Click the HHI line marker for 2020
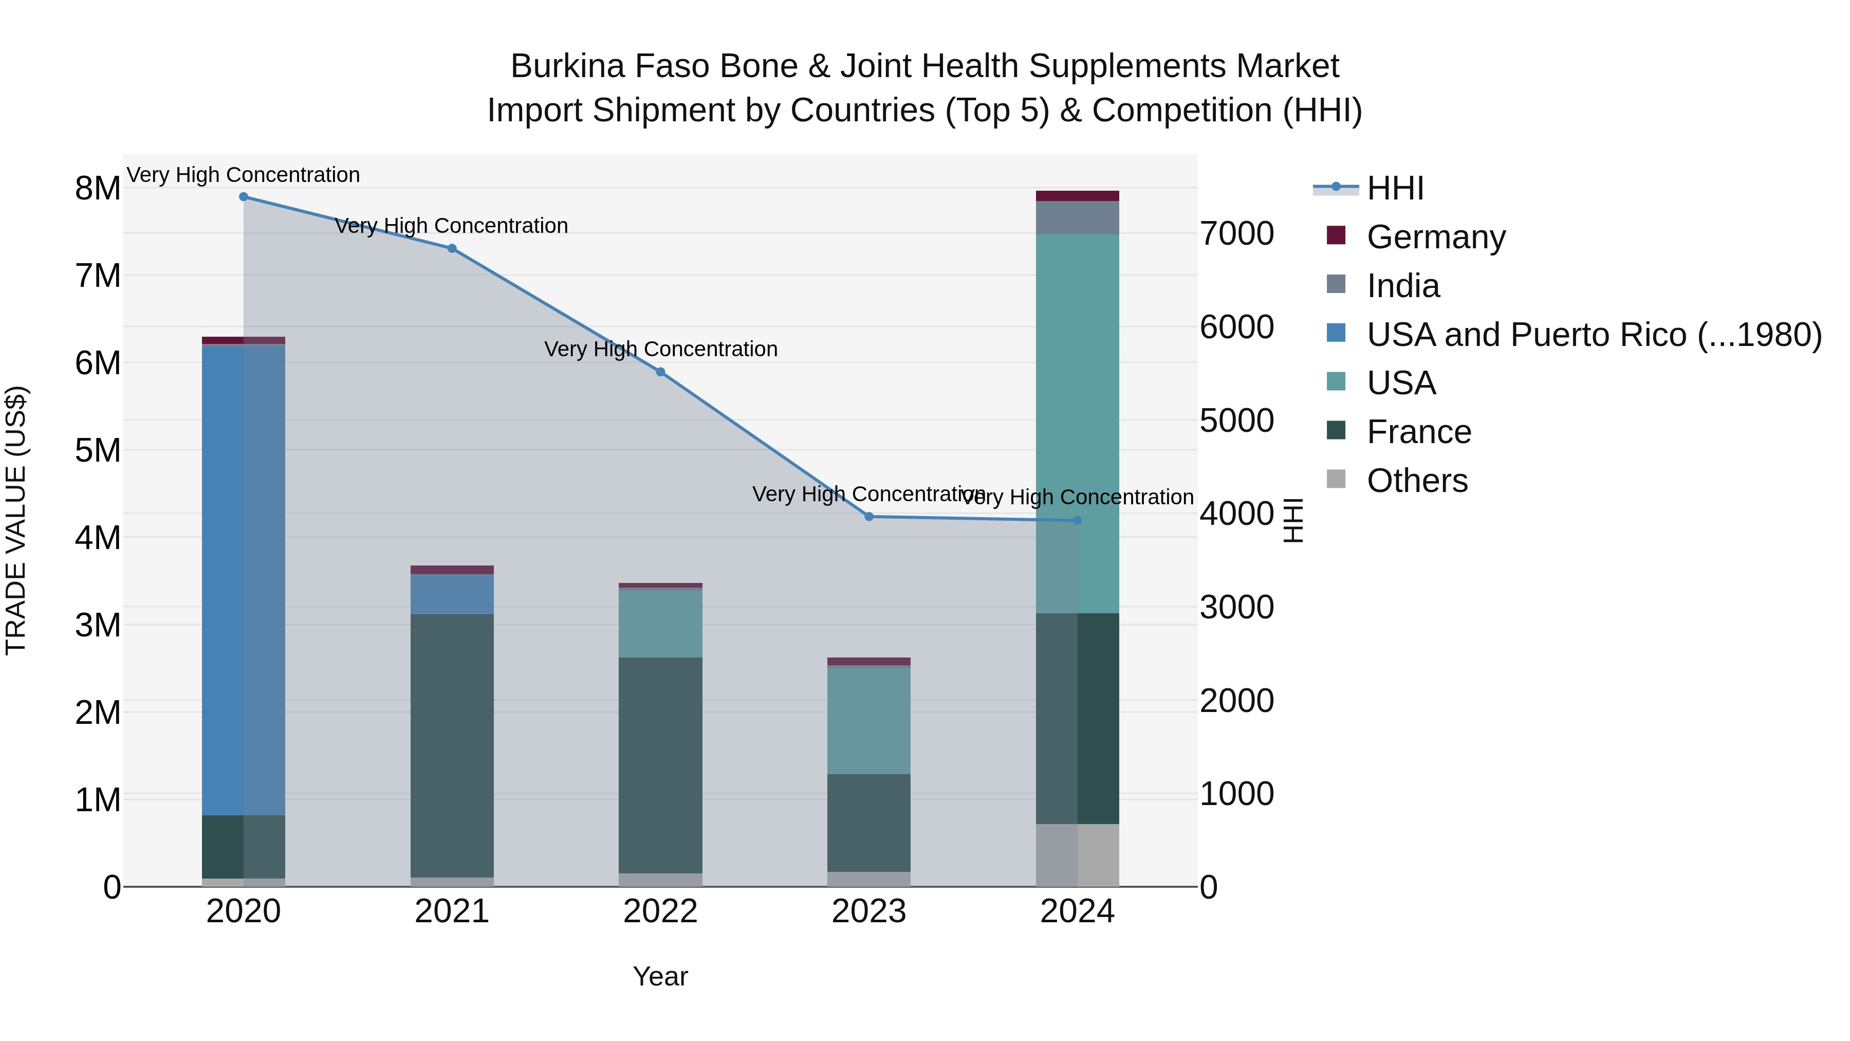244,197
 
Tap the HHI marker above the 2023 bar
869,517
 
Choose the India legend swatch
1336,284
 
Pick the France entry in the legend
1418,432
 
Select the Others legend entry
1417,481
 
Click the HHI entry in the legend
1395,188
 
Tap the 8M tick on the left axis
98,189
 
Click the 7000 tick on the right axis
1237,234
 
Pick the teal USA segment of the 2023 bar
869,721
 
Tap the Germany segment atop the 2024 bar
1077,196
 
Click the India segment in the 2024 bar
1077,217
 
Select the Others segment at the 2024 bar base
1077,855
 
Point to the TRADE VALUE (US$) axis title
16,520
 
